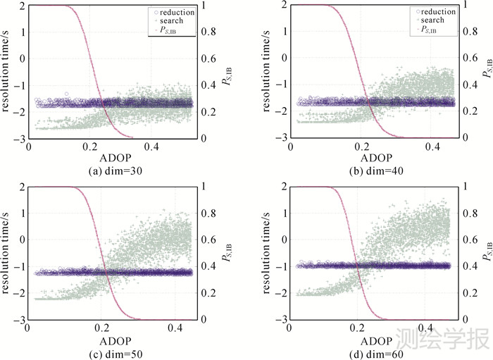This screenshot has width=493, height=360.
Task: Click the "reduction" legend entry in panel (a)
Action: coord(177,12)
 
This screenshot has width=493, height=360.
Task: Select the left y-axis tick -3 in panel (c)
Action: coord(19,320)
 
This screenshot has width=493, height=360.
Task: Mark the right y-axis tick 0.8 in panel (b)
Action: coord(468,32)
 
